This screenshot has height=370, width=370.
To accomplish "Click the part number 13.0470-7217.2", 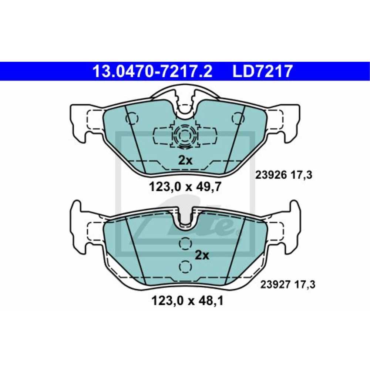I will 152,71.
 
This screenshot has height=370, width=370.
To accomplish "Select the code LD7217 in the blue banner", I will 262,71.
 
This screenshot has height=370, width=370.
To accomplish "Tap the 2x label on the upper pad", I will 185,160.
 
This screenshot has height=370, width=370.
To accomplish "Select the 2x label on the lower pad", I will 202,255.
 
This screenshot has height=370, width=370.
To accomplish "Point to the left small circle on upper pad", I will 132,118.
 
